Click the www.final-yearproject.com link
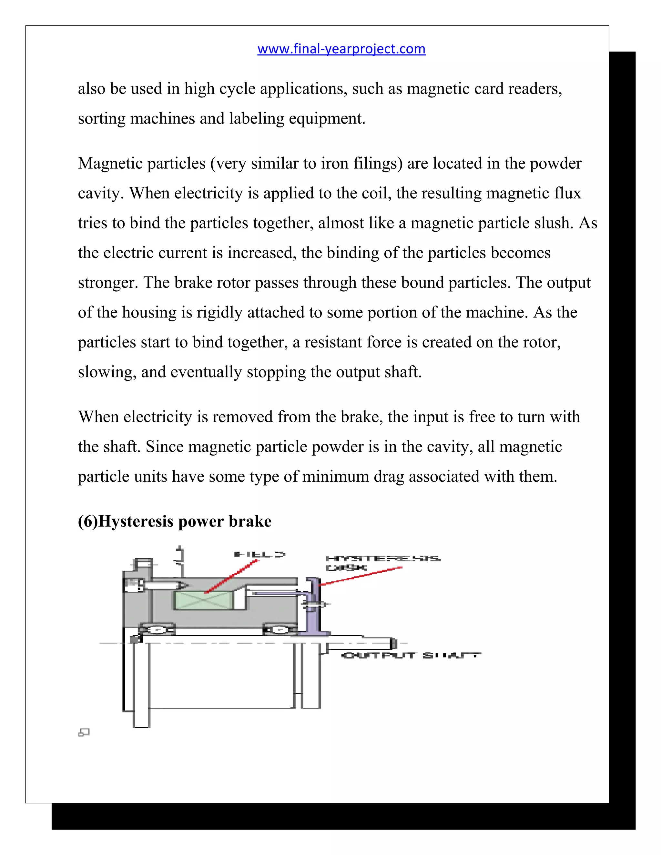[341, 49]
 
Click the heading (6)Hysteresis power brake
[174, 521]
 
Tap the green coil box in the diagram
[204, 600]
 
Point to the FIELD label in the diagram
[259, 554]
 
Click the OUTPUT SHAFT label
[411, 655]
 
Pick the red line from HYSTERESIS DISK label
[360, 576]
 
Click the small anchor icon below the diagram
[84, 732]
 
